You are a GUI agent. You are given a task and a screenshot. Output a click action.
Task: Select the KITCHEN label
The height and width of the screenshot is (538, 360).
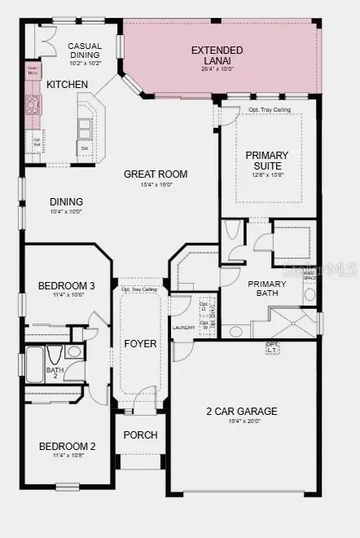(68, 85)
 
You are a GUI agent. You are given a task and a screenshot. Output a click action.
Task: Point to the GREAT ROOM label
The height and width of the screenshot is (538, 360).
(156, 174)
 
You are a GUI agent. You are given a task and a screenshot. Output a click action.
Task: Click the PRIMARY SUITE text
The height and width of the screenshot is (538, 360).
(267, 161)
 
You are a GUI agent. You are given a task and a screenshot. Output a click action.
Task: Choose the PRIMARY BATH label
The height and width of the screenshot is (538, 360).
(267, 289)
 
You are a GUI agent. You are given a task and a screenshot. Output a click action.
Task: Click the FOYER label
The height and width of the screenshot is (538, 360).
(140, 343)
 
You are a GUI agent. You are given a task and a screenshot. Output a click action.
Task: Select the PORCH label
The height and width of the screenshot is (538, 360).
(140, 434)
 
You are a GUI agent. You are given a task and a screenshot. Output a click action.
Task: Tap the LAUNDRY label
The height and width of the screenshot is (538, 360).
(183, 328)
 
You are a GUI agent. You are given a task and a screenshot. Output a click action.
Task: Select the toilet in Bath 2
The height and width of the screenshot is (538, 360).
(54, 355)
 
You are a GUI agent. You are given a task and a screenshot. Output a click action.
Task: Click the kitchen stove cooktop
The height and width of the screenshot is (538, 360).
(33, 104)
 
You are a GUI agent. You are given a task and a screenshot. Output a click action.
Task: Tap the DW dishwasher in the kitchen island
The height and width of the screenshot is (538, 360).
(84, 148)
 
